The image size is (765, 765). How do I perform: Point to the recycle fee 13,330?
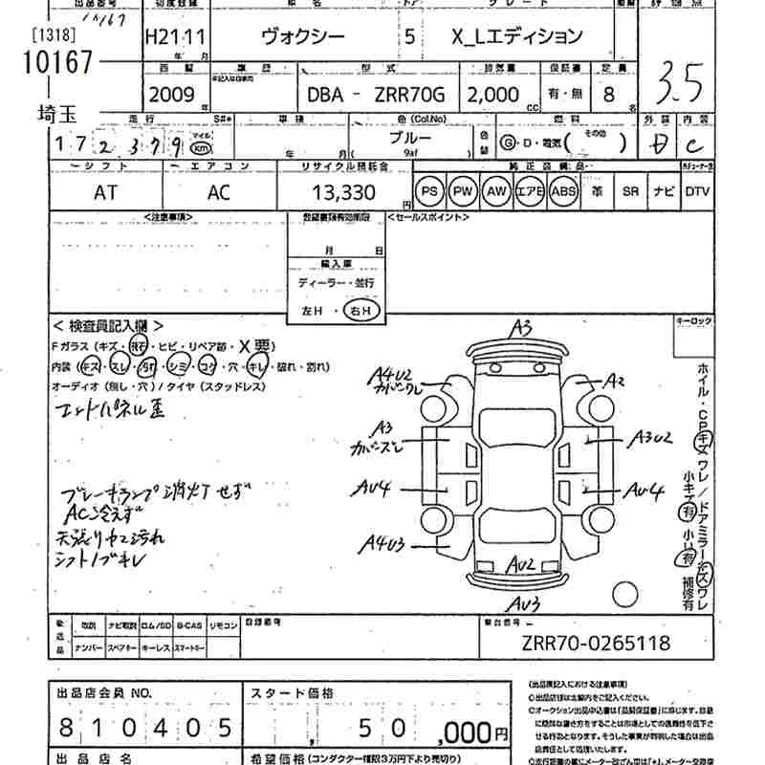pos(340,192)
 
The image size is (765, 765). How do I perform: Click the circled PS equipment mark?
pos(430,192)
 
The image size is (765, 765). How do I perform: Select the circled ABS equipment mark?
pos(564,192)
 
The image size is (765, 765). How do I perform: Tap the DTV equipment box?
pos(697,191)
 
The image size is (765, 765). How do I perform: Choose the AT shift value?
pos(106,192)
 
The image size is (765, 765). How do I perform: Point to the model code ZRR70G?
pos(410,96)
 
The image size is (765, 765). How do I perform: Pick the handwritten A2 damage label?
pos(612,382)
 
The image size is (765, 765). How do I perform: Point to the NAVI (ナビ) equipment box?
pos(662,191)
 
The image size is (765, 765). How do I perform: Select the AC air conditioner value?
pos(219,192)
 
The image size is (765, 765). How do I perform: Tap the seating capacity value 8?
pos(606,95)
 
